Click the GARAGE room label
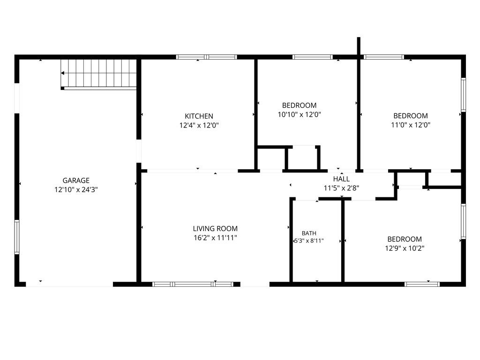76,180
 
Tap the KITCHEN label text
199,116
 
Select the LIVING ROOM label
215,229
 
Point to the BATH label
309,233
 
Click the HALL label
341,179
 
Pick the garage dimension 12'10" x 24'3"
76,190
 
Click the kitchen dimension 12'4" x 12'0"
199,126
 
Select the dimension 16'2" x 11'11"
215,238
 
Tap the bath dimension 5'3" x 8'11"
309,241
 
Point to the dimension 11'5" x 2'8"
341,188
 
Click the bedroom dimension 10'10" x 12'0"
299,115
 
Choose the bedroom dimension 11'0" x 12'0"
411,125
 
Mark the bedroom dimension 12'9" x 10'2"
405,248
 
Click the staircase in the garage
98,74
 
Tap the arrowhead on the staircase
62,73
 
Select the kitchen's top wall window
206,57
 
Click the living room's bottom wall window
193,285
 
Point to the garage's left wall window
17,237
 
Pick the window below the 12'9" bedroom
422,285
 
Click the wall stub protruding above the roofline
359,46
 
